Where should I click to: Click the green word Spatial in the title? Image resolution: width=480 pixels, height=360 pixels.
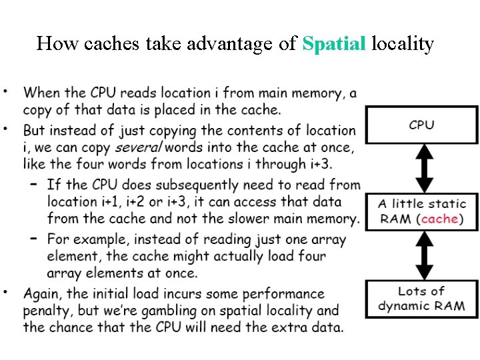point(334,44)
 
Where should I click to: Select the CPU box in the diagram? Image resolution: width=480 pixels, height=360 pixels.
point(421,125)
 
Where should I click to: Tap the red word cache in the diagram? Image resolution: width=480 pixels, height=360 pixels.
point(439,219)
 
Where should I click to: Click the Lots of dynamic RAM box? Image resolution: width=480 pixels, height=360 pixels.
point(421,299)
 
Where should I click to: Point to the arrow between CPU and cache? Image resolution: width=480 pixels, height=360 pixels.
point(421,168)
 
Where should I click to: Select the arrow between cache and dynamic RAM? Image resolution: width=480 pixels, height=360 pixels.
point(421,255)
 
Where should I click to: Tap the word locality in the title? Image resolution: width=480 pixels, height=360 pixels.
point(403,44)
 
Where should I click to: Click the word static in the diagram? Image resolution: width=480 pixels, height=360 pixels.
point(443,203)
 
